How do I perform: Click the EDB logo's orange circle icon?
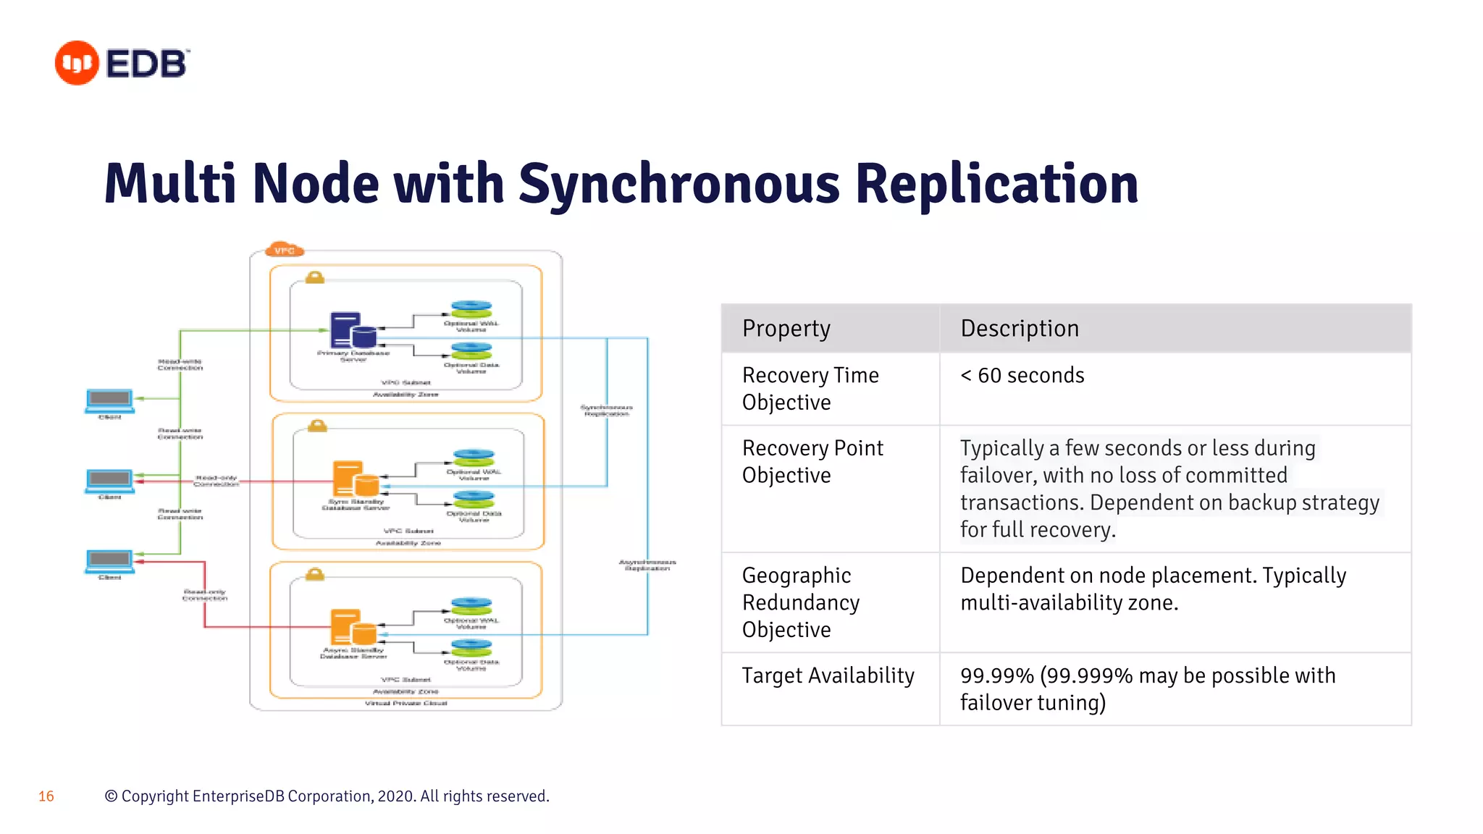click(x=77, y=63)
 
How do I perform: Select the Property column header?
click(x=786, y=329)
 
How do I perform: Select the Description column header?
click(x=1019, y=329)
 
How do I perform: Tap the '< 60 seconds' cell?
click(x=1022, y=376)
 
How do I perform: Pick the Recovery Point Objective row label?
click(x=812, y=461)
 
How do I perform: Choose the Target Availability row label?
click(x=828, y=675)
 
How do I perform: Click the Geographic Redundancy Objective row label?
click(x=800, y=602)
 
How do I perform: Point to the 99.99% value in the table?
click(x=996, y=675)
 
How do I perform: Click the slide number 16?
click(x=46, y=796)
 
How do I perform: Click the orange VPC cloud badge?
click(x=285, y=250)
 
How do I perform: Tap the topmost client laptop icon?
click(x=109, y=400)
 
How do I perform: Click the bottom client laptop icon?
click(x=109, y=561)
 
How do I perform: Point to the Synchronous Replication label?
click(x=607, y=410)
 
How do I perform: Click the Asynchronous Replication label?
click(x=647, y=565)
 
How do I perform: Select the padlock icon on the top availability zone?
click(x=314, y=277)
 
